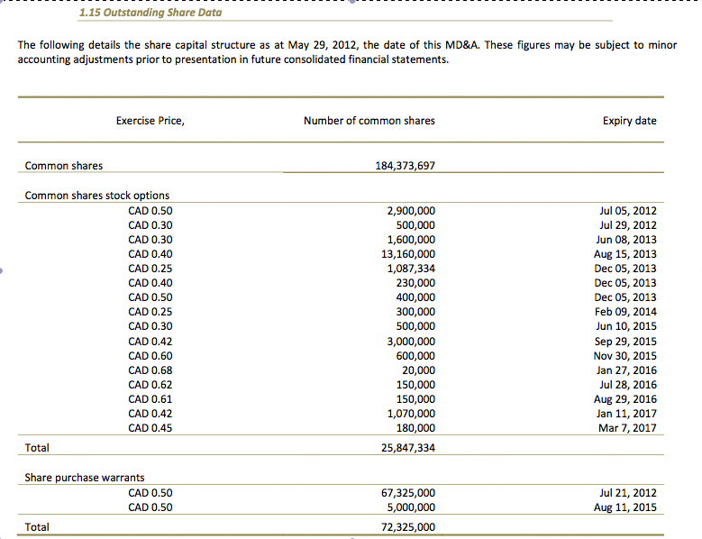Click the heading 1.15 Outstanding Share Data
[150, 13]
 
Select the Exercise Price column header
[150, 121]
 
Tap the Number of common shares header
[369, 121]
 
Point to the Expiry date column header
[629, 121]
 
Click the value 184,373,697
[405, 166]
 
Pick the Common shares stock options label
[96, 196]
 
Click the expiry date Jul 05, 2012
[627, 211]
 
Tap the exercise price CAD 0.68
[150, 370]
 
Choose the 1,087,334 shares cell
[410, 269]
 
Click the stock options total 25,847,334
[405, 448]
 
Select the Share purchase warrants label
[84, 478]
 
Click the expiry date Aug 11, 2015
[626, 507]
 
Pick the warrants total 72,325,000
[405, 527]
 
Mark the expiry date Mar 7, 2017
[627, 428]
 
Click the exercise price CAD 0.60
[150, 356]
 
